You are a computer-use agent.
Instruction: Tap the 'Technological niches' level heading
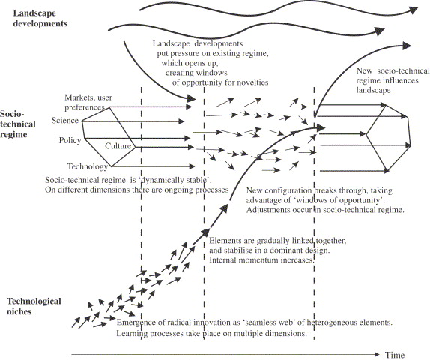[x=28, y=307]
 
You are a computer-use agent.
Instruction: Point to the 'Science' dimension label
[x=65, y=121]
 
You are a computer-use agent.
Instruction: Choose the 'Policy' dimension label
[x=70, y=140]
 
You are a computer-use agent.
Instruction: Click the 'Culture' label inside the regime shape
[x=118, y=145]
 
